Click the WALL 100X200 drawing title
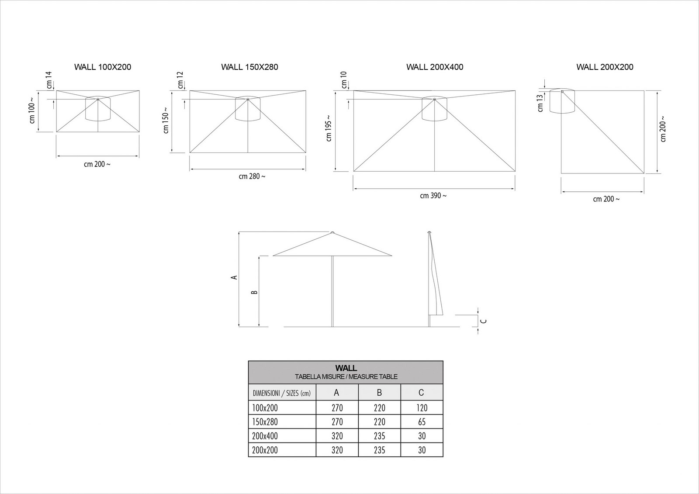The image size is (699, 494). (103, 67)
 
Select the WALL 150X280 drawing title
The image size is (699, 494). (249, 67)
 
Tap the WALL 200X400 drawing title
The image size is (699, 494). (435, 67)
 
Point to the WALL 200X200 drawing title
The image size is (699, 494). (605, 67)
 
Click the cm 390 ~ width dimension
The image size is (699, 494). (433, 196)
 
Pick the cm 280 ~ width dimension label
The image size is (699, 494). (252, 176)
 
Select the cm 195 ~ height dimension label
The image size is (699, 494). (329, 128)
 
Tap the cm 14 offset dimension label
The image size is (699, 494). (48, 80)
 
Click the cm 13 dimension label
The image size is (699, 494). (540, 103)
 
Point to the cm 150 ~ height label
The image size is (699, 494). (166, 120)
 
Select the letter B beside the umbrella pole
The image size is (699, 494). (254, 292)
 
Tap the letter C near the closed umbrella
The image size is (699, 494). (484, 321)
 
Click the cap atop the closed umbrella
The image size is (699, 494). (429, 232)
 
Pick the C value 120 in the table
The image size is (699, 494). (422, 408)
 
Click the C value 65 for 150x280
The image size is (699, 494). (422, 422)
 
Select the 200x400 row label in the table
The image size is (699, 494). (265, 436)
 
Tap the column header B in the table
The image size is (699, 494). (380, 393)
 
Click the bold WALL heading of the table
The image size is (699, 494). (346, 368)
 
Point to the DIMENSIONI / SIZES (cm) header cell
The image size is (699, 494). (282, 393)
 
